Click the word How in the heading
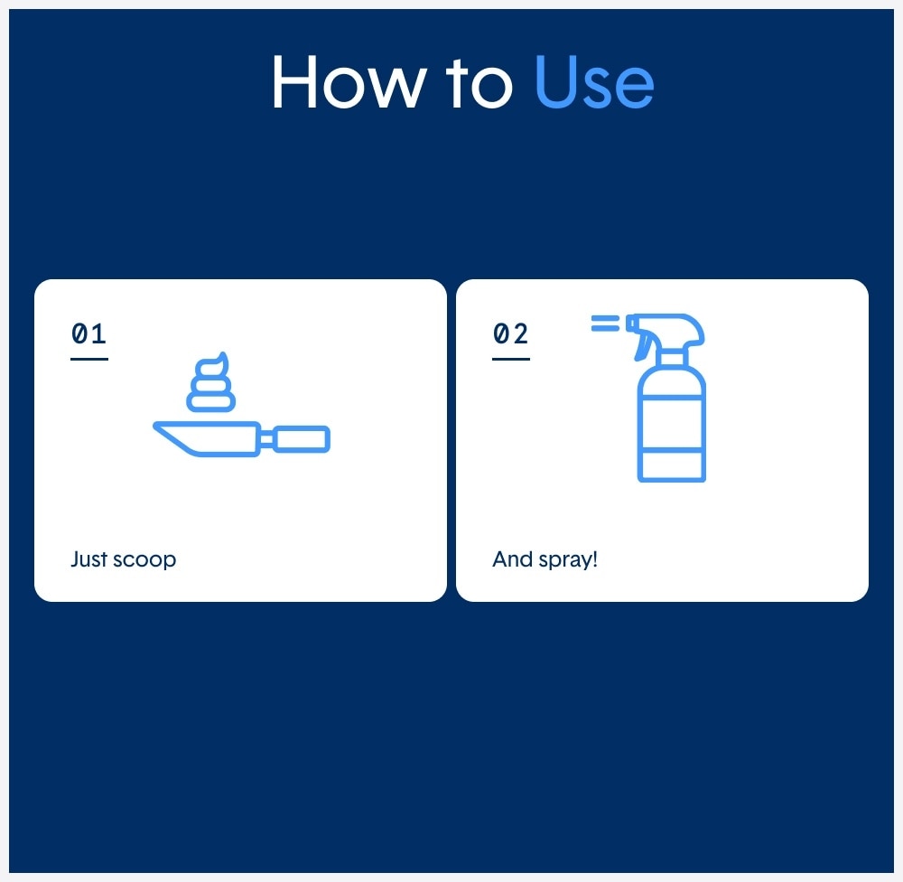tap(349, 81)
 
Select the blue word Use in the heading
tap(594, 81)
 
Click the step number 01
tap(88, 333)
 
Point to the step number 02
tap(510, 333)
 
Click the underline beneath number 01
tap(89, 359)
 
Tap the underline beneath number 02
tap(511, 359)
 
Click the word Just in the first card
tap(88, 559)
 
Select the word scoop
tap(144, 560)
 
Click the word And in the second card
tap(512, 559)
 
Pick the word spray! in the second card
tap(568, 560)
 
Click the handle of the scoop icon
tap(302, 439)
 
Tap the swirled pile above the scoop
tap(210, 382)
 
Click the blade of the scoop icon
tap(207, 438)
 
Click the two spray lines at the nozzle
tap(605, 324)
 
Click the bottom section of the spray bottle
tap(672, 465)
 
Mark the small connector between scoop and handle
tap(266, 439)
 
